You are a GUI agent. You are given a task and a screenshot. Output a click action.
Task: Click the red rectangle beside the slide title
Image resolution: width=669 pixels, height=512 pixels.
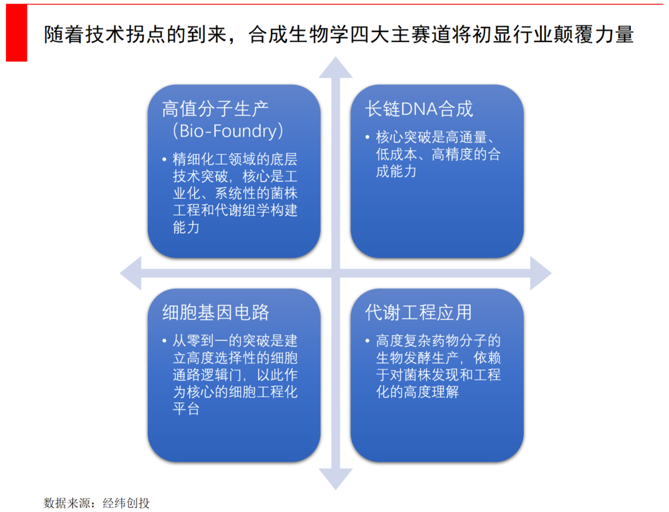(16, 33)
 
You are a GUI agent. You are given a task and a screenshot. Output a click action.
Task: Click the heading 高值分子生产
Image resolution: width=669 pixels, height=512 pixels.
(215, 109)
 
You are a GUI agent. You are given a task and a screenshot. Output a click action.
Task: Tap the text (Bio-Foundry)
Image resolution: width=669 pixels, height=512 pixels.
(228, 131)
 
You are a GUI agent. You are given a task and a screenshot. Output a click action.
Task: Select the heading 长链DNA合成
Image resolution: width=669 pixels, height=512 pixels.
(419, 109)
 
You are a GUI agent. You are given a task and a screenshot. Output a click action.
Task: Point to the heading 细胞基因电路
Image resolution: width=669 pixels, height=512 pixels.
(215, 313)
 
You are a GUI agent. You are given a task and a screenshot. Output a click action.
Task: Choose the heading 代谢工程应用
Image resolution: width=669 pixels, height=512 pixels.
(419, 313)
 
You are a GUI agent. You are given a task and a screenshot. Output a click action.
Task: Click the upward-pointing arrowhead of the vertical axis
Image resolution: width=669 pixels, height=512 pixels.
(336, 68)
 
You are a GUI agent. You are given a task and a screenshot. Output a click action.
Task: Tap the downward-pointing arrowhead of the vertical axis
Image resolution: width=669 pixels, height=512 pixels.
(336, 479)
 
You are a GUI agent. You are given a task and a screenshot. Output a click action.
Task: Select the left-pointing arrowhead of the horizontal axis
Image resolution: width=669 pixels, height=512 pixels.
(130, 274)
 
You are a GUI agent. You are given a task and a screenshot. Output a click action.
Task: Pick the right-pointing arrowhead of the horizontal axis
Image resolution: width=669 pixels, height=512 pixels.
(541, 274)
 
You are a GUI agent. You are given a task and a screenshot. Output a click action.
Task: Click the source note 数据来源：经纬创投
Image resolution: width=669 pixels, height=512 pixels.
(96, 503)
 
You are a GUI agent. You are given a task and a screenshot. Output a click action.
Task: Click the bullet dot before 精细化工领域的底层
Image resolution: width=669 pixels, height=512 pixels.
(165, 160)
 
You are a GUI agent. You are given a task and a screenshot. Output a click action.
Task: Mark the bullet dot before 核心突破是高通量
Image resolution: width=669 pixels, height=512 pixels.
(367, 137)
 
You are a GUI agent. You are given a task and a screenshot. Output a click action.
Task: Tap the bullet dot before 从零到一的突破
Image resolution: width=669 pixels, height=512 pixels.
(165, 341)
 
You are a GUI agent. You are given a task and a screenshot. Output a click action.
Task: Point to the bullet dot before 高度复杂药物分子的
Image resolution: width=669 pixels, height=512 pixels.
(367, 341)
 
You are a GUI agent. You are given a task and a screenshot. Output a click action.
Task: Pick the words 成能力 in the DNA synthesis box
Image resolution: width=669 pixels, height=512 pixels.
(396, 171)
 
